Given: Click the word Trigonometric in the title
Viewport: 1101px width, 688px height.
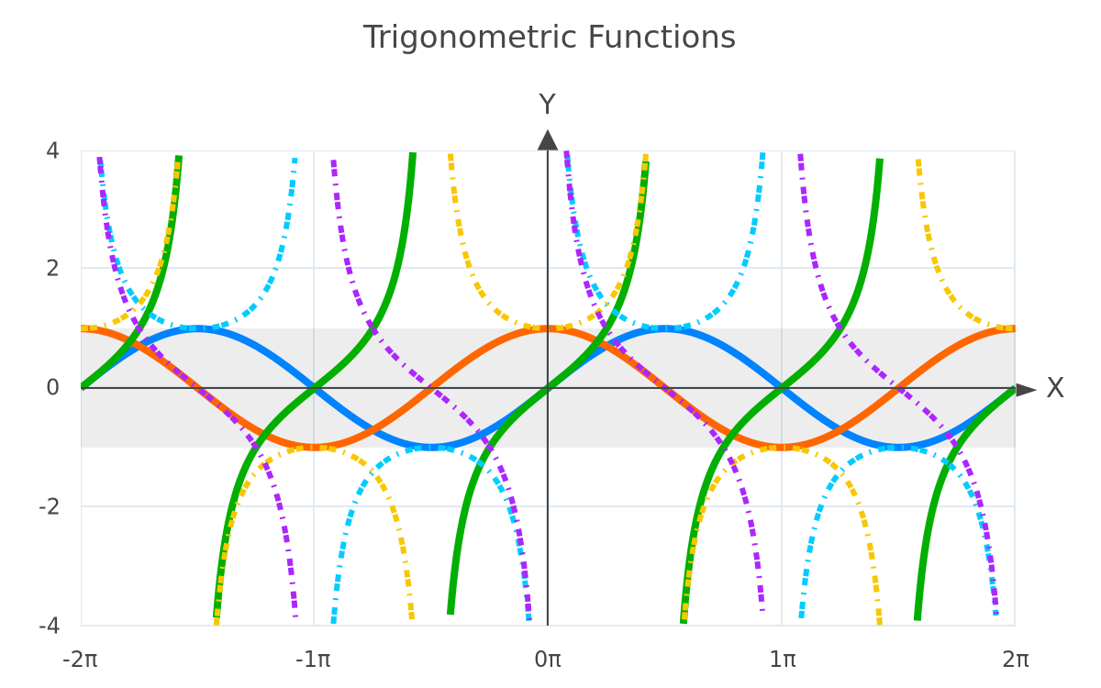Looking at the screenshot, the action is click(471, 39).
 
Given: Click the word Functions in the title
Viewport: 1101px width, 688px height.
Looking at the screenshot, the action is click(662, 38).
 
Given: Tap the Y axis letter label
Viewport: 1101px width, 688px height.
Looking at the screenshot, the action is click(547, 105).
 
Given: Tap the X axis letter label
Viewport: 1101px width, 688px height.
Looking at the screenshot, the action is click(1055, 388).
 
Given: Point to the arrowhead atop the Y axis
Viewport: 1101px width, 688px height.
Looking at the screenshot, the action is click(548, 140).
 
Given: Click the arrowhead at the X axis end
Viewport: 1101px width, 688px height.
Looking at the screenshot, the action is click(1027, 390).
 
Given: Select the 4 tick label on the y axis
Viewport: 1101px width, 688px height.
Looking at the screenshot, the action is click(52, 150).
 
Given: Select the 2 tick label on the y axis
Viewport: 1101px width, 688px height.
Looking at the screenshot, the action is click(52, 268).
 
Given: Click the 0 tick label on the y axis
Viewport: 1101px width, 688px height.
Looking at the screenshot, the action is click(52, 388).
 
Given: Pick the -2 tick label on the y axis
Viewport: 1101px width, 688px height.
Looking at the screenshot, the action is click(50, 506).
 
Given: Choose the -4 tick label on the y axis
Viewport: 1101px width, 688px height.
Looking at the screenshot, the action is click(50, 626).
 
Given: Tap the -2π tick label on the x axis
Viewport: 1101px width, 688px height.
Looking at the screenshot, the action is click(80, 660).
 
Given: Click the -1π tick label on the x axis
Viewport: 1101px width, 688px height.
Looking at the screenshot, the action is click(313, 660).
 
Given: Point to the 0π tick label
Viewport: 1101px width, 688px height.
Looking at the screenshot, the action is click(548, 660).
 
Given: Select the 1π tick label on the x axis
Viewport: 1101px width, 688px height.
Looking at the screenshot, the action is click(783, 660).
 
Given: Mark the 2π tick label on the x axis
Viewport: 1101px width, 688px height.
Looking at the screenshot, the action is click(1016, 660).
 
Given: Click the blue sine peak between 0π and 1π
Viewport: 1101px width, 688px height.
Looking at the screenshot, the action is click(664, 328).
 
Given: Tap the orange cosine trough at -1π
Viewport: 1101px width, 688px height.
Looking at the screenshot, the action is click(314, 448).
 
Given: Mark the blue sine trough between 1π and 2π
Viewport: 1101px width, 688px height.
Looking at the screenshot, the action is click(898, 448).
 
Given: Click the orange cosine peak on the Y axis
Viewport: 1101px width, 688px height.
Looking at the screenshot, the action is click(548, 328).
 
